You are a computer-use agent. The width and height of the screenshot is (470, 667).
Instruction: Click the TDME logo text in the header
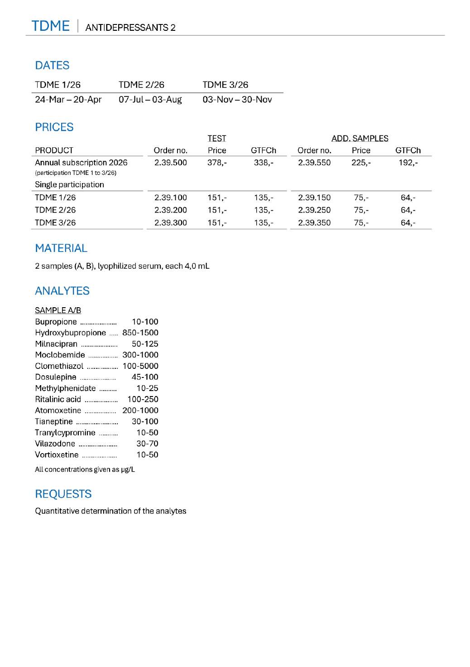point(50,26)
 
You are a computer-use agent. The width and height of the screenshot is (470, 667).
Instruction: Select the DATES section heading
point(52,66)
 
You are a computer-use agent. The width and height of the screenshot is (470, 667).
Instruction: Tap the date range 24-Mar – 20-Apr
point(68,100)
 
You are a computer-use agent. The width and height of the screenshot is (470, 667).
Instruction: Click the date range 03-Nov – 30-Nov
point(237,100)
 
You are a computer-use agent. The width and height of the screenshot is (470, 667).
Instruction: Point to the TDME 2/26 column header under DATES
point(141,85)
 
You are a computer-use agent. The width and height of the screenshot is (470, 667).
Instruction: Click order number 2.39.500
point(170,163)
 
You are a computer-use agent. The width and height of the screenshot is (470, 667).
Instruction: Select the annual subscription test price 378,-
point(217,163)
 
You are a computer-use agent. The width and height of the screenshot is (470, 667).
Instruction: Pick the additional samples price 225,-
point(361,163)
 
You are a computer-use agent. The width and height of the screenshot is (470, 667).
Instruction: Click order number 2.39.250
point(314,210)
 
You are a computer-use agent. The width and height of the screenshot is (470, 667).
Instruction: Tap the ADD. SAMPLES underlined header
point(360,139)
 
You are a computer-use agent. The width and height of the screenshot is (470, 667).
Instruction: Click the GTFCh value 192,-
point(408,163)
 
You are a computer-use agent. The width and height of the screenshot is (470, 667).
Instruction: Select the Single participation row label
point(69,185)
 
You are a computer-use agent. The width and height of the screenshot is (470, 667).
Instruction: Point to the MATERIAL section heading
point(61,248)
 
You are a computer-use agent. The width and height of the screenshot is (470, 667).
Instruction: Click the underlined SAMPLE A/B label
point(58,310)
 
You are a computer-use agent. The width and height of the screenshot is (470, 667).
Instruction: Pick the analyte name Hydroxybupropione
point(71,333)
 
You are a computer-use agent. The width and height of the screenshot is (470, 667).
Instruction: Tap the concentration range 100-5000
point(140,366)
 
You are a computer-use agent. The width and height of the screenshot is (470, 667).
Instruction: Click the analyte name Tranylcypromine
point(65,433)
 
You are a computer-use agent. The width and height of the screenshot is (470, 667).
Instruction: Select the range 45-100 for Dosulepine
point(145,377)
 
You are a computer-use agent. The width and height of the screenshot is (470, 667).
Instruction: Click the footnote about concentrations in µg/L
point(85,469)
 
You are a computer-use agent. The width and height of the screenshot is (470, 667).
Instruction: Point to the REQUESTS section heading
point(63,494)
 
